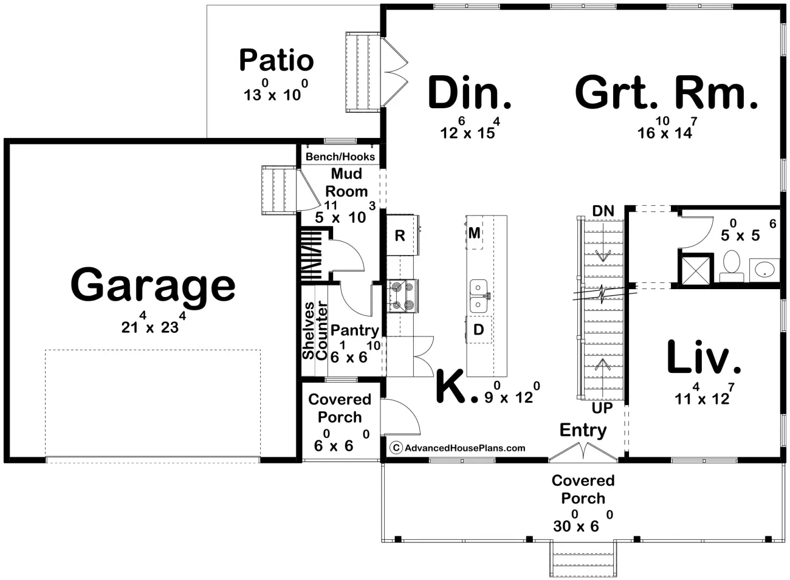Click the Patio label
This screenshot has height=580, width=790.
coord(276,60)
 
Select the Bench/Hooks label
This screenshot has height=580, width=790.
coord(340,157)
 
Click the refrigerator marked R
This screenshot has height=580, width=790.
coord(403,235)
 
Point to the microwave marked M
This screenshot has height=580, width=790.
coord(475,233)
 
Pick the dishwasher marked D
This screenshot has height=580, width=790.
coord(479,329)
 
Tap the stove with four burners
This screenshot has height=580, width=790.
coord(403,296)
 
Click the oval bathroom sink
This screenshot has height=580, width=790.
coord(764,270)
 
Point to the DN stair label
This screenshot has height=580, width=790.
coord(603,211)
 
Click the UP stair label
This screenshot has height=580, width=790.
coord(602,408)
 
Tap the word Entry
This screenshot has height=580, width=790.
coord(583,430)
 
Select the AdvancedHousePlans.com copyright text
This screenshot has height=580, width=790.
coord(458,448)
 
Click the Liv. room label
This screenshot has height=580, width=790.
coord(704,357)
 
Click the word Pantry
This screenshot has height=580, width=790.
coord(354,331)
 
